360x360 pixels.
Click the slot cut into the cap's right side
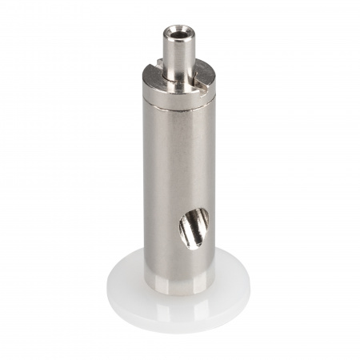[207, 76]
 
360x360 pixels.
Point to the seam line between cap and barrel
[178, 100]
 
